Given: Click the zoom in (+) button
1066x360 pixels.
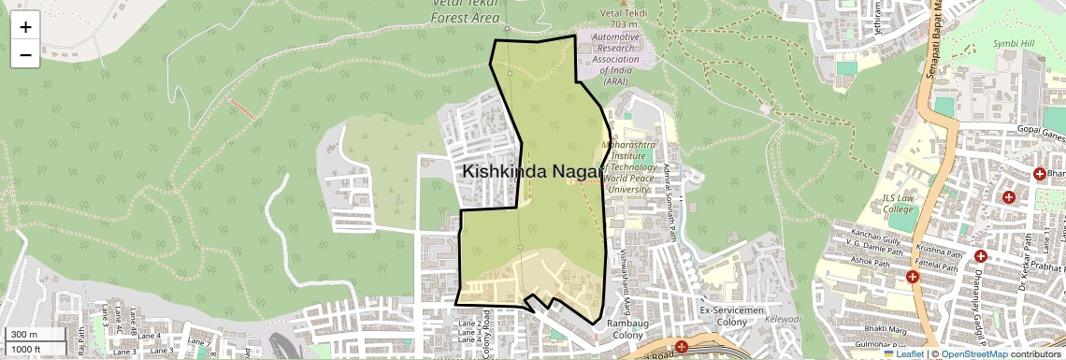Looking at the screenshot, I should coord(25,26).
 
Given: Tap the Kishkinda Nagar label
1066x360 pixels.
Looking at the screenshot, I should coord(530,172).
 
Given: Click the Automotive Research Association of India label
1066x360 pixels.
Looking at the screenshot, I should coord(615,59).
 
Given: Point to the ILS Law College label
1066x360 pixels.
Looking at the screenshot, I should coord(899,203).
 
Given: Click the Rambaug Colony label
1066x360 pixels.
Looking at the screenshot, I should coord(627,330).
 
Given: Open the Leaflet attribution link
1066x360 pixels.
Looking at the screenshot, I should coord(903,353).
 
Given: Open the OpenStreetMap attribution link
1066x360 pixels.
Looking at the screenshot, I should coord(973,353).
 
